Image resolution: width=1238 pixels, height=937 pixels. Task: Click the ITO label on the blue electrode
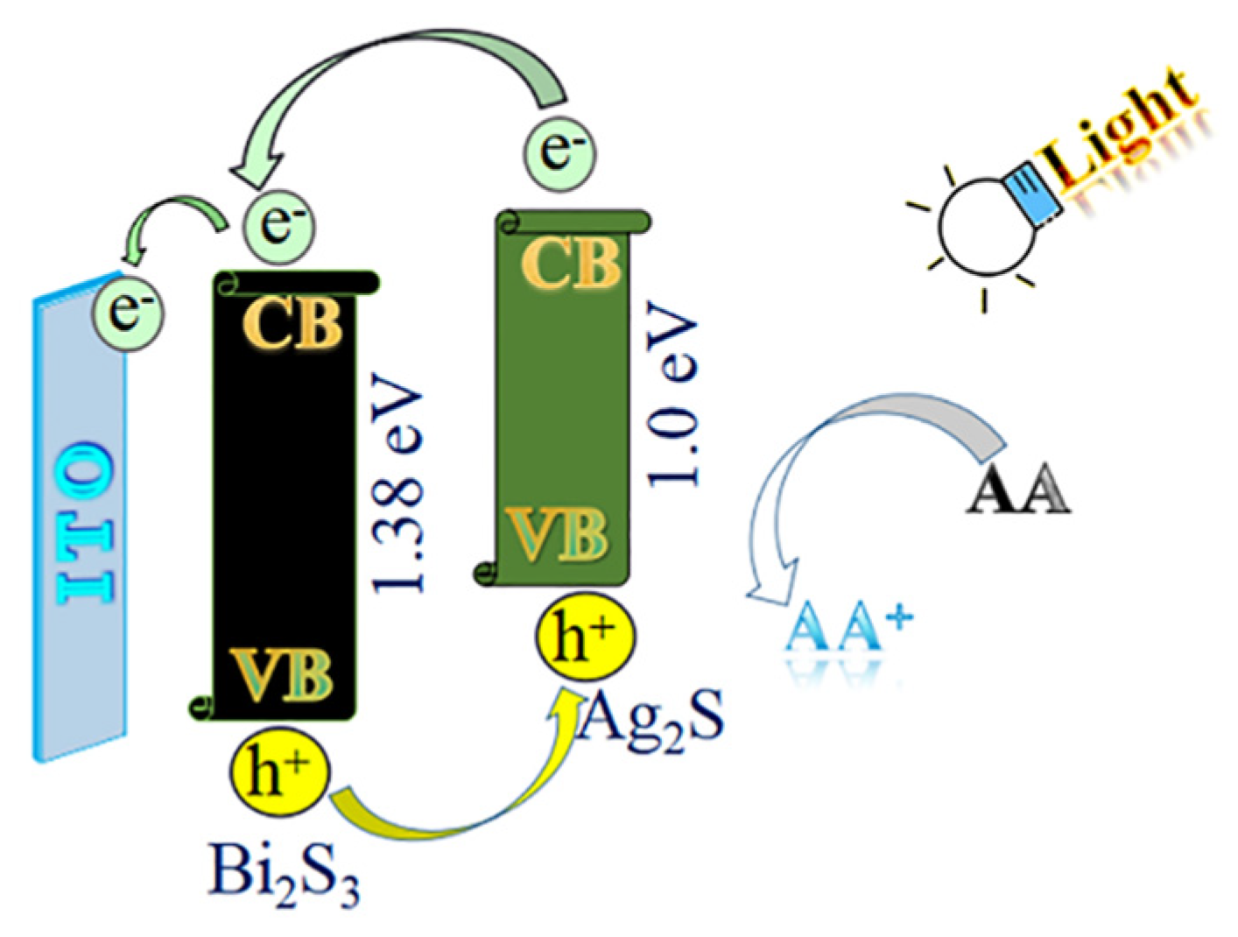85,523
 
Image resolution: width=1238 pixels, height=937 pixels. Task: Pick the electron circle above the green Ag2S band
559,151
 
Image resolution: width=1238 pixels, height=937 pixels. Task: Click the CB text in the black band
292,324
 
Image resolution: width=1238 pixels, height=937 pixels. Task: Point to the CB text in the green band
571,263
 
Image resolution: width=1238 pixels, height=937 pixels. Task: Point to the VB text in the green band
560,534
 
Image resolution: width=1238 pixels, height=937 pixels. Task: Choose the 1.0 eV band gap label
674,394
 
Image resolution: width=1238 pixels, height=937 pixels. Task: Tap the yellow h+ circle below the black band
279,771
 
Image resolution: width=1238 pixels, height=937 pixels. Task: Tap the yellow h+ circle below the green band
585,638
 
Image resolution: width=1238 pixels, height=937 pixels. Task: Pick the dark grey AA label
1018,491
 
